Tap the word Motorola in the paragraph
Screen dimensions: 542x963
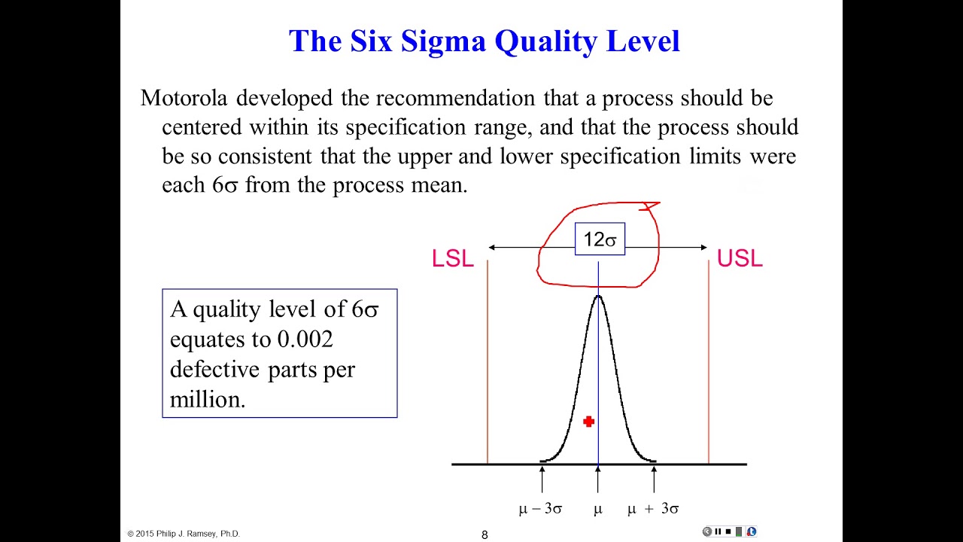tap(187, 98)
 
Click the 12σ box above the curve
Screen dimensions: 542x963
tap(600, 240)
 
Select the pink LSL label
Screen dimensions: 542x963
tap(452, 259)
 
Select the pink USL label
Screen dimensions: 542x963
tap(740, 259)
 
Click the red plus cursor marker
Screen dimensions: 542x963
tap(588, 422)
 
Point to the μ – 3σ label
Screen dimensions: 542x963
tap(540, 509)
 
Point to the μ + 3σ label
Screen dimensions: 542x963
tap(653, 509)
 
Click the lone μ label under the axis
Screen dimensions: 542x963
tap(598, 510)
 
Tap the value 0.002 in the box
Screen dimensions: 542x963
tap(305, 340)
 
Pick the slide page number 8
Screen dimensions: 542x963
tap(485, 534)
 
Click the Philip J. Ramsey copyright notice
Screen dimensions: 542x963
tap(184, 534)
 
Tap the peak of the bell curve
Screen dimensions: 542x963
tap(598, 297)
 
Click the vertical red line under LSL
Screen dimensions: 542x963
tap(488, 361)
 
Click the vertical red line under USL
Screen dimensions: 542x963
tap(709, 361)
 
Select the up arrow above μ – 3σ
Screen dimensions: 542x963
tap(542, 478)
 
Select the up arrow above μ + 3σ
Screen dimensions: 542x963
tap(653, 478)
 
